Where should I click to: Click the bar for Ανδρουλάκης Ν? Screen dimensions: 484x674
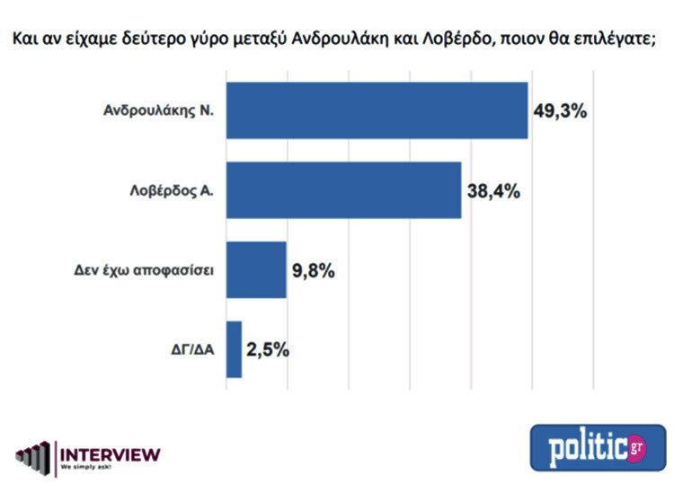click(x=376, y=110)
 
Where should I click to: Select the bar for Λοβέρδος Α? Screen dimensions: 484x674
click(x=342, y=189)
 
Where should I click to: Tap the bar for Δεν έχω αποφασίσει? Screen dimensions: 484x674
click(x=255, y=269)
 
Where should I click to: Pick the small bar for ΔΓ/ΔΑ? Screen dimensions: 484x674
click(x=233, y=349)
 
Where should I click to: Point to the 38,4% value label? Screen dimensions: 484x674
click(x=493, y=190)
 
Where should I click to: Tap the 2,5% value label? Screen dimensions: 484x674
click(x=269, y=349)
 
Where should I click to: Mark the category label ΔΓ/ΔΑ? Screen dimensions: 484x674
click(x=189, y=350)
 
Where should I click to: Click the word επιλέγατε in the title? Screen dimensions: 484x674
click(x=624, y=40)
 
